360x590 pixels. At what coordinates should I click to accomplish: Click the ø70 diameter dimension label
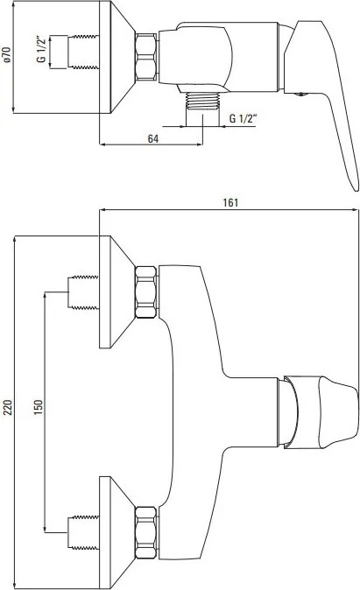(x=8, y=54)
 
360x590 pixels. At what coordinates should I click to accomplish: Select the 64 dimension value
(x=153, y=139)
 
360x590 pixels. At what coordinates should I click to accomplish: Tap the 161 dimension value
(x=230, y=202)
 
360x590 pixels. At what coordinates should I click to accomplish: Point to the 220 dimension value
(x=8, y=408)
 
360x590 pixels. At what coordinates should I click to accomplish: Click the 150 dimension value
(x=39, y=408)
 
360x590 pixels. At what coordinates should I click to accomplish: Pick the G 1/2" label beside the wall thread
(x=41, y=49)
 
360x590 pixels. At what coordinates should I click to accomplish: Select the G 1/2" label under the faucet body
(x=243, y=118)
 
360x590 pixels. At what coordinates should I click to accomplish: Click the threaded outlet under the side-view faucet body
(x=202, y=101)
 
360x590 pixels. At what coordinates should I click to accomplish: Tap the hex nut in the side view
(x=145, y=57)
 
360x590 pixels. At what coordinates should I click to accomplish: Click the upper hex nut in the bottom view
(x=145, y=292)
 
